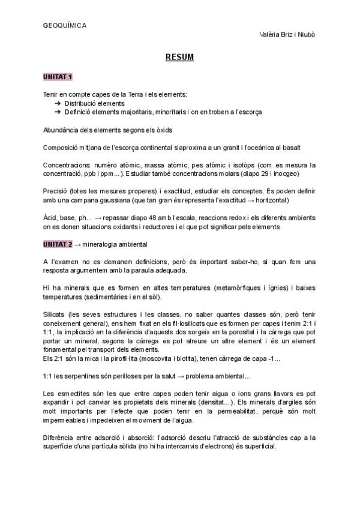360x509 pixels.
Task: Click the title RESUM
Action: tap(179, 58)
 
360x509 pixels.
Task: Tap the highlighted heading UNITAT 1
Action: tap(58, 77)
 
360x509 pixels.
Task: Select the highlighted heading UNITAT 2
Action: tap(58, 244)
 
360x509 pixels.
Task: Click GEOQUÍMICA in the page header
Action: tap(65, 25)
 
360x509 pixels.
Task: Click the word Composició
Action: tap(62, 147)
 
